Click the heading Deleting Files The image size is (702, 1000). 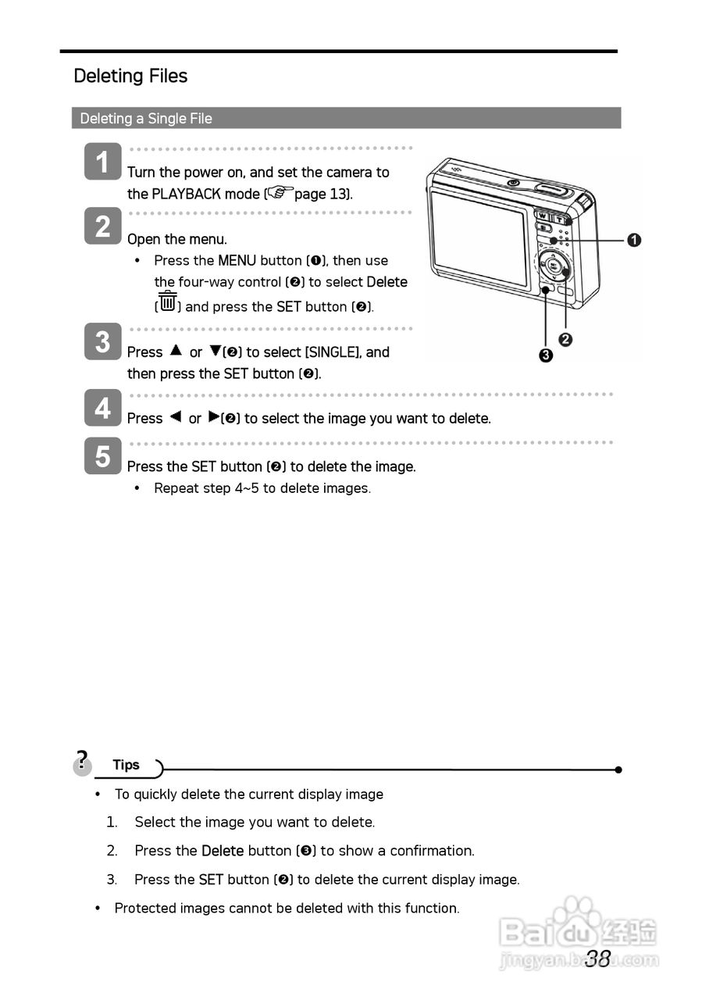click(130, 76)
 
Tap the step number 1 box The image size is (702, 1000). click(103, 162)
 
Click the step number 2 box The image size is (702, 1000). click(103, 226)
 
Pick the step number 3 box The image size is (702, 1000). click(103, 341)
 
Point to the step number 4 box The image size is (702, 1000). click(103, 408)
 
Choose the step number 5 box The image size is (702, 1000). click(103, 456)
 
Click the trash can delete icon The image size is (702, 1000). click(167, 301)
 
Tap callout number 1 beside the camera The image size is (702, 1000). click(634, 240)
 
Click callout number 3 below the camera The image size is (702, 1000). click(545, 356)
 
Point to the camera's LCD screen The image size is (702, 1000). click(479, 237)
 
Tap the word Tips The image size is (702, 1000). click(126, 765)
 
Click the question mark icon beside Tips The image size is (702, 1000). click(81, 761)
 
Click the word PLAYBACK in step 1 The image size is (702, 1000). click(186, 194)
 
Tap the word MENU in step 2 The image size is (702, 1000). click(237, 260)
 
